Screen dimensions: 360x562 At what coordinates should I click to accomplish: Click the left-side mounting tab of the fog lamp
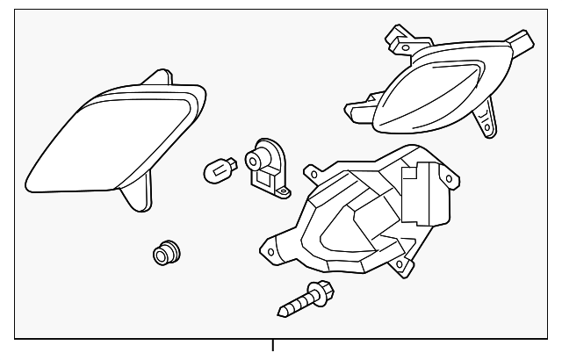coord(357,112)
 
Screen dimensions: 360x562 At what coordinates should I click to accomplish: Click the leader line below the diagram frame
coord(275,349)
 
